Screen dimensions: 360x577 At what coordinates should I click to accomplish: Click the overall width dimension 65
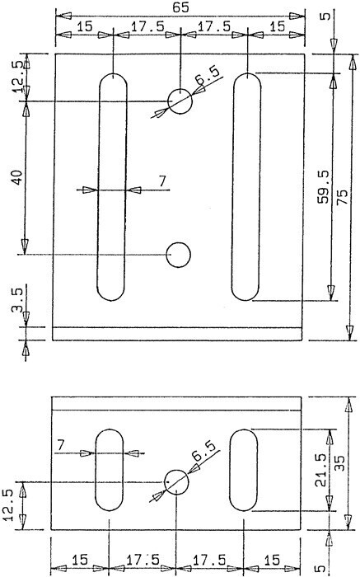point(180,7)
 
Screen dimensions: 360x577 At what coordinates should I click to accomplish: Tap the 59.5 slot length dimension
point(324,187)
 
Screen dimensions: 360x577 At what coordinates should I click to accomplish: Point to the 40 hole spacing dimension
point(18,178)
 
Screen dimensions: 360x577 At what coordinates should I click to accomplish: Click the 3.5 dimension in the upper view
point(17,300)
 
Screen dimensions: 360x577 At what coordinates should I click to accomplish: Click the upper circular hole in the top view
point(180,101)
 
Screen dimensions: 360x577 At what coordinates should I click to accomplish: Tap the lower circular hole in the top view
point(178,254)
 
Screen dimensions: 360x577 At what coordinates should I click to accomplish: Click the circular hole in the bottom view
point(176,481)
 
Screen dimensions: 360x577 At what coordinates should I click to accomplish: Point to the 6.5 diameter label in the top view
point(209,75)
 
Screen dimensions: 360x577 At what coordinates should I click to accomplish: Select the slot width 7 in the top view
point(162,181)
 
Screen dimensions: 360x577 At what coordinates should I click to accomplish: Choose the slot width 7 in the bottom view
point(61,445)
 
